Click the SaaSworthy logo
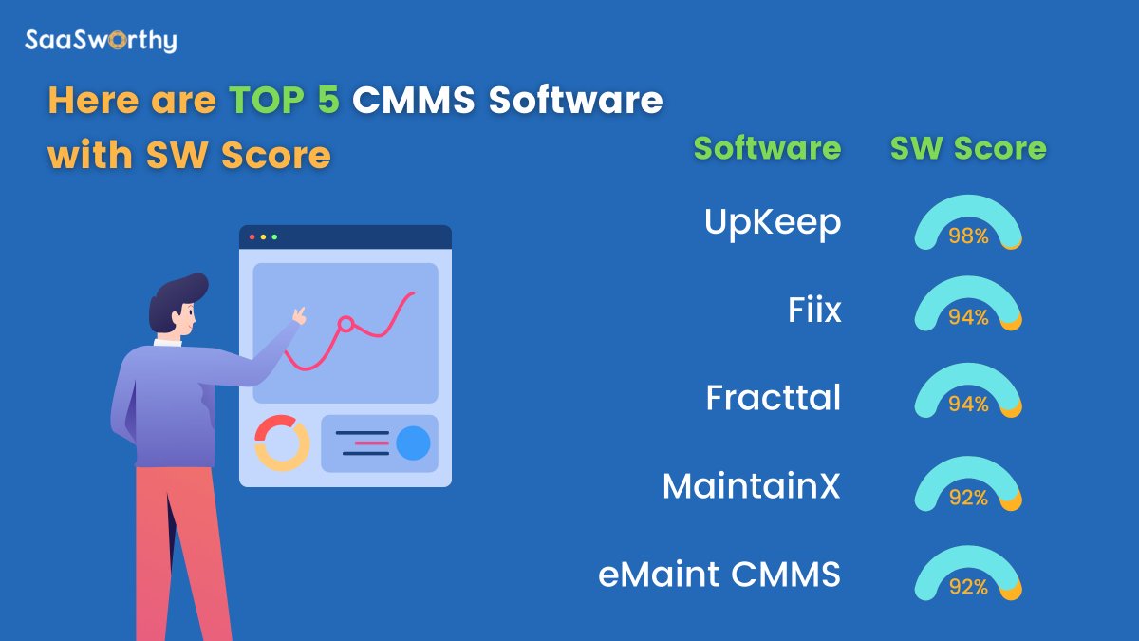point(101,41)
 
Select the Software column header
point(767,148)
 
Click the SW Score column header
point(968,148)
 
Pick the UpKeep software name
point(773,222)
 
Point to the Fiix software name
point(814,310)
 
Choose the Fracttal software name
point(774,398)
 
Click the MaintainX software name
point(752,486)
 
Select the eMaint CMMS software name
point(719,575)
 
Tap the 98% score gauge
point(968,224)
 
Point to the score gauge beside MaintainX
point(968,486)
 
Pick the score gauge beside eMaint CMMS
point(968,575)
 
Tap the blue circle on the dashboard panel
point(413,443)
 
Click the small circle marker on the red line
point(346,324)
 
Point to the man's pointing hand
point(299,315)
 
